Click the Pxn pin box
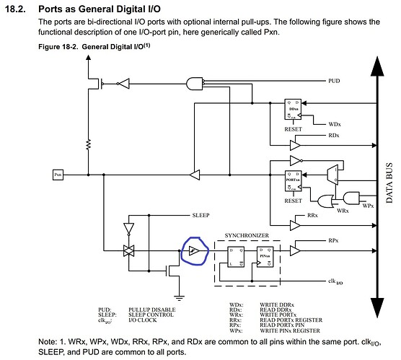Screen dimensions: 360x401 click(60, 174)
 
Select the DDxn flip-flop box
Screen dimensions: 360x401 click(294, 109)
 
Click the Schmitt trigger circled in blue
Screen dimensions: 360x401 click(193, 250)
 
